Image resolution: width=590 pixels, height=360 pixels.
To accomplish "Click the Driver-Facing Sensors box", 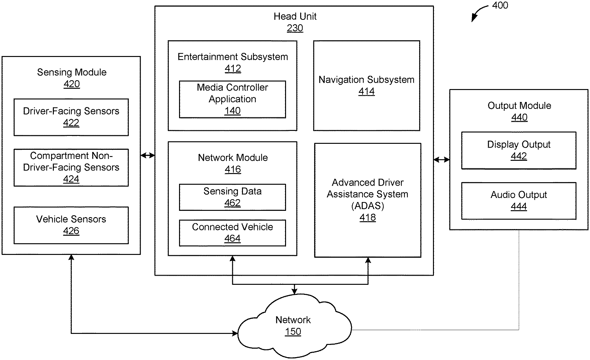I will (71, 117).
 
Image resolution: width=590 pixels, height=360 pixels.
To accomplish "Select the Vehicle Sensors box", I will (71, 225).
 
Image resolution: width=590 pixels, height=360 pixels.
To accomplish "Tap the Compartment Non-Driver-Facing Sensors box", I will (71, 167).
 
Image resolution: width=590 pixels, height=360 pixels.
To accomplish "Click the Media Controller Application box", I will (232, 99).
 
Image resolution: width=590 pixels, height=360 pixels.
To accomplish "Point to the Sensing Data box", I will (232, 197).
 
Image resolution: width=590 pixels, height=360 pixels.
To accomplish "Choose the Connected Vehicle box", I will (232, 233).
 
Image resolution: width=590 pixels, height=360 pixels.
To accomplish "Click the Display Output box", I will (519, 150).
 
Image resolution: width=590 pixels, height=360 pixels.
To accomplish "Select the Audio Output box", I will (519, 201).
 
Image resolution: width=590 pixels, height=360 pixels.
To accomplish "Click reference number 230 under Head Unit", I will (295, 28).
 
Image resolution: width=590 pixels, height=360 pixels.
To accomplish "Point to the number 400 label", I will (500, 5).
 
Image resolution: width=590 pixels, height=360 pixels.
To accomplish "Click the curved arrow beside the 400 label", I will (478, 13).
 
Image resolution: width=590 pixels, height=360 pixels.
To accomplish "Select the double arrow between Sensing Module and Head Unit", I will (148, 155).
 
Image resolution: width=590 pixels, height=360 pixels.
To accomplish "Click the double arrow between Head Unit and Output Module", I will (441, 160).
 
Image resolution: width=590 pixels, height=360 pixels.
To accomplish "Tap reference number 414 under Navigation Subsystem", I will (366, 92).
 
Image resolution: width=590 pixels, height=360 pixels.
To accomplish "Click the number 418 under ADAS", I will (368, 217).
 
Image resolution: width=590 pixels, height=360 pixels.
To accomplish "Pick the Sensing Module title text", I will (72, 72).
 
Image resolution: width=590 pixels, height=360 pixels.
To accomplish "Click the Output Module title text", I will (519, 106).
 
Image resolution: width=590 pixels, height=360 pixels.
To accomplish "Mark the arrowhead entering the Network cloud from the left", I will (235, 333).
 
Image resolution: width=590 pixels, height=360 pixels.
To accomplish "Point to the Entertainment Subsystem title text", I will (233, 57).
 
